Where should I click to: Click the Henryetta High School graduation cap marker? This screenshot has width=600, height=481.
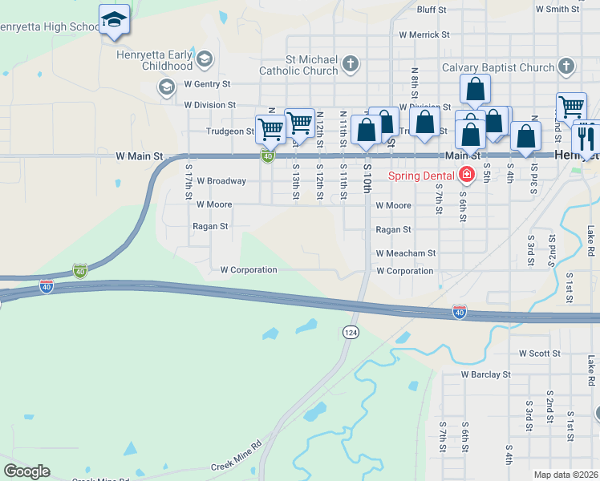(x=114, y=20)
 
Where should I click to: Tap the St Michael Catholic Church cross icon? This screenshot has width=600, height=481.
(x=350, y=63)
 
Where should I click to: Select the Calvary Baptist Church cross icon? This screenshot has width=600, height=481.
(x=566, y=67)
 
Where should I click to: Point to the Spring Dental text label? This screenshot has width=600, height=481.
(x=421, y=176)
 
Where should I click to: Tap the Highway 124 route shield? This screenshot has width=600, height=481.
(x=350, y=332)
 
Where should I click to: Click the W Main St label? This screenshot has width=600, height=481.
(x=140, y=156)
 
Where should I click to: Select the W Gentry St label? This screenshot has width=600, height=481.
(x=207, y=83)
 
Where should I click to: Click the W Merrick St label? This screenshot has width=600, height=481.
(x=424, y=35)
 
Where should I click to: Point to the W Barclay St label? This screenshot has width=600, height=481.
(x=485, y=374)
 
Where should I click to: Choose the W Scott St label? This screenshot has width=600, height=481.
(x=544, y=353)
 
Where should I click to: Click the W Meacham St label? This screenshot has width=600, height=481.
(x=406, y=253)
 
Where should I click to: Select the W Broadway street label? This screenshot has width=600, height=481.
(x=221, y=181)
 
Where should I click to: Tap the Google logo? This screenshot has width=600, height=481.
(x=26, y=471)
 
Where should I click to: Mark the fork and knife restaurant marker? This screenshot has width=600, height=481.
(x=586, y=137)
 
